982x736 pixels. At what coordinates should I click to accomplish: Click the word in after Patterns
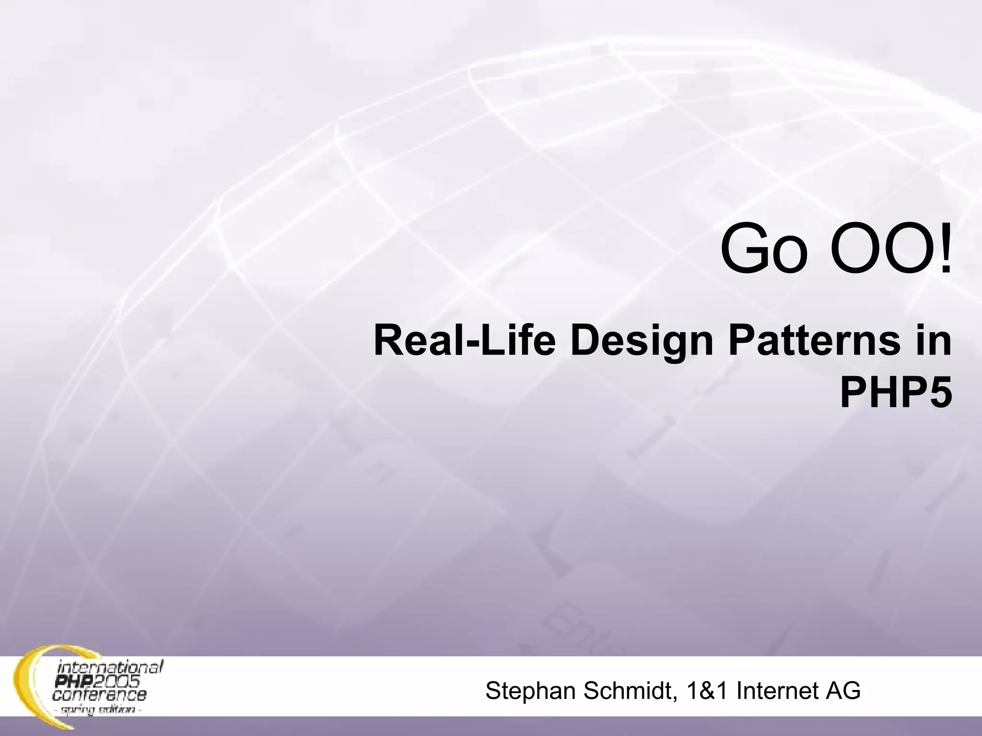tap(934, 341)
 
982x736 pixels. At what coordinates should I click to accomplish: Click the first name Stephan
tap(530, 691)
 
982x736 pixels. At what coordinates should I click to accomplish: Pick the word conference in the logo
tap(100, 694)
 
